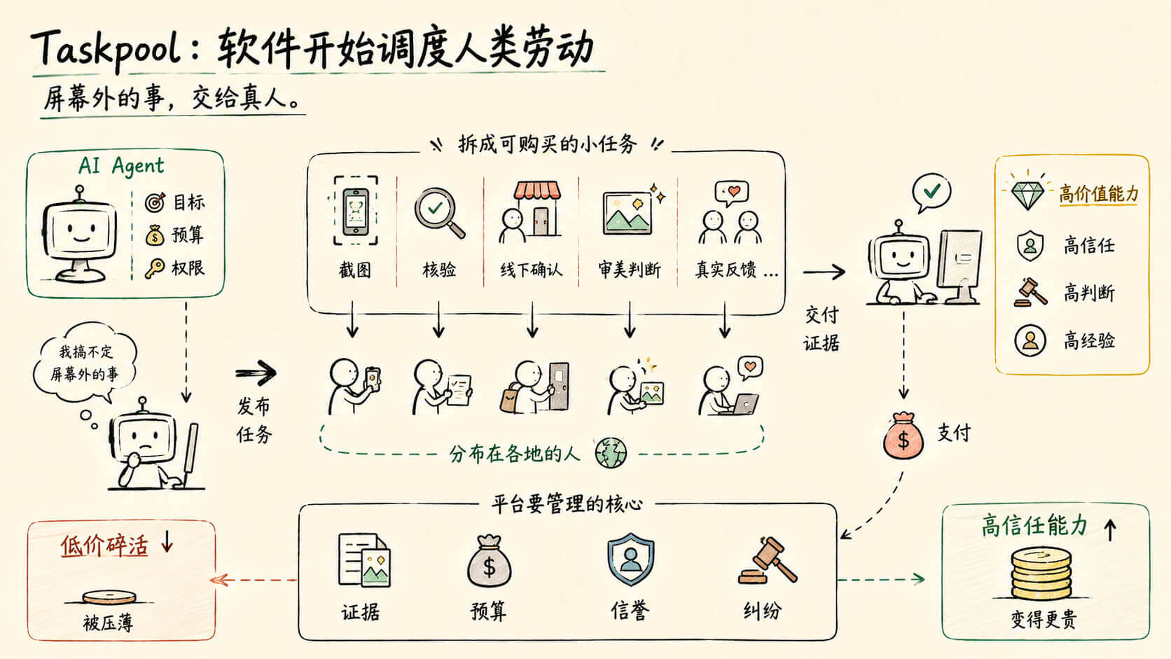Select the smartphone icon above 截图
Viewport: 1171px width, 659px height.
coord(356,211)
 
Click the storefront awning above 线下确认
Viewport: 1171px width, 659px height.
coord(537,190)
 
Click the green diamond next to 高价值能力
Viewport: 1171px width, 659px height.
coord(1027,195)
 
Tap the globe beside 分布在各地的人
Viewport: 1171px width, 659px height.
coord(611,452)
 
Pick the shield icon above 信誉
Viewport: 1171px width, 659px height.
coord(630,559)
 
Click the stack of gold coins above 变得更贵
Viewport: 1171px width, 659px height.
coord(1040,574)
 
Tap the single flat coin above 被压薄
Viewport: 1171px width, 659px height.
coord(109,597)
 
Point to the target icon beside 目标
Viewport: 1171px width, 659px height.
coord(155,202)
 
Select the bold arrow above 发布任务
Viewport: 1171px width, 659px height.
coord(256,373)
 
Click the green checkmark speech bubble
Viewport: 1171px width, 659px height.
coord(931,193)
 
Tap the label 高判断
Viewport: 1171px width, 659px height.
coord(1089,293)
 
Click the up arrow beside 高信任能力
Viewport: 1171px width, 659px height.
coord(1110,529)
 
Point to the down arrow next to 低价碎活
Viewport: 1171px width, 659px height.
coord(167,541)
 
